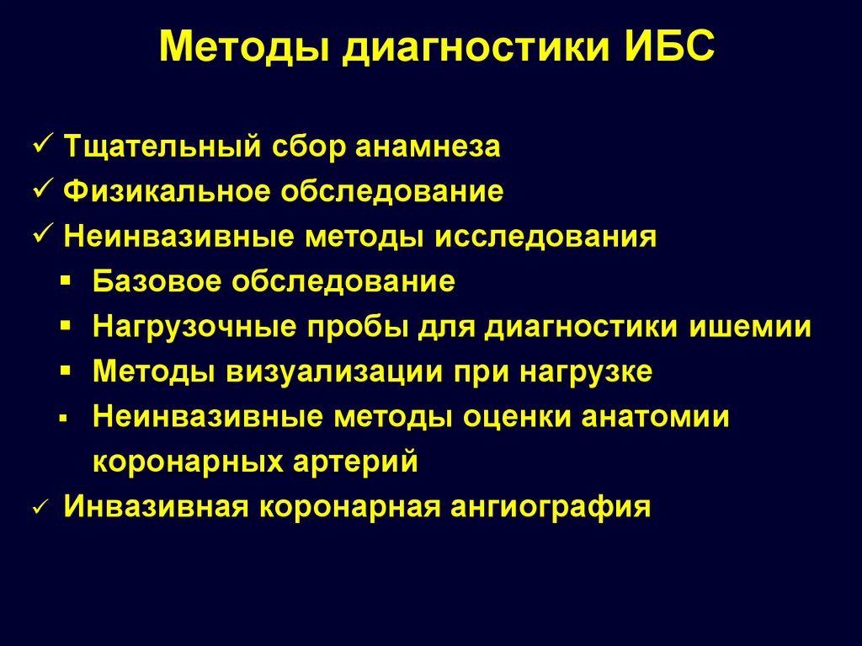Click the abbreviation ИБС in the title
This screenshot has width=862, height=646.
pos(669,45)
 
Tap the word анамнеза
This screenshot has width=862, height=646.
pos(428,147)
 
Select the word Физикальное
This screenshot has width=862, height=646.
pos(168,191)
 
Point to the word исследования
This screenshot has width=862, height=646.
pos(545,238)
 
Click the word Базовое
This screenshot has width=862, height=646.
pos(157,280)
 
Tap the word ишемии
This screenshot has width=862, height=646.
pos(750,326)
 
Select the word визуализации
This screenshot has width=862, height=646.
pos(334,372)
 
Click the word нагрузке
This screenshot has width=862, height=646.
pos(586,372)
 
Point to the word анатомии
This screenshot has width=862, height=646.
pos(655,417)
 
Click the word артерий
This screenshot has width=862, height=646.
pos(355,462)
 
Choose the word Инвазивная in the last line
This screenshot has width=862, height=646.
pos(156,506)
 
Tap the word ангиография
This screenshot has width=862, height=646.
pos(551,507)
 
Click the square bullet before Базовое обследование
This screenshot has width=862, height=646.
pos(66,281)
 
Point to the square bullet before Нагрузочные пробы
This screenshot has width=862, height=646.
pos(66,326)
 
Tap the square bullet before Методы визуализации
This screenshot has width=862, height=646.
pos(66,371)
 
